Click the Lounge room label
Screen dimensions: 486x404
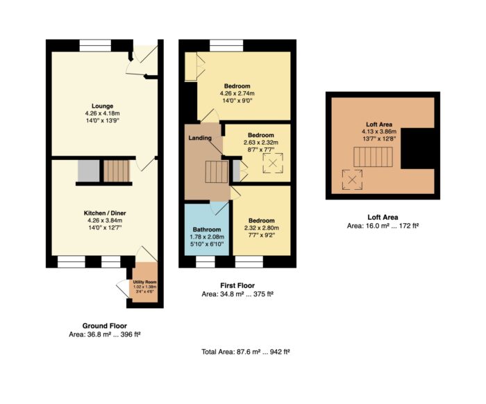tap(102, 106)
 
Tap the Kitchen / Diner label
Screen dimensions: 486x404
tap(105, 213)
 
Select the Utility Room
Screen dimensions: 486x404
tap(144, 282)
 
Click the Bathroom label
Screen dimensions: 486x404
tap(207, 229)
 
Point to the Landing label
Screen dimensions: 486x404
tap(200, 138)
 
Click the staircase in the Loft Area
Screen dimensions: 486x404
tap(374, 157)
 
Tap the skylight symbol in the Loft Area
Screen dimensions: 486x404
tap(352, 180)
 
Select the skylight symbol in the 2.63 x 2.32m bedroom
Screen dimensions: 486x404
tap(273, 163)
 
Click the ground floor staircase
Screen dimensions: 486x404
tap(116, 171)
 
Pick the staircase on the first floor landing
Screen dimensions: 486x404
tap(217, 172)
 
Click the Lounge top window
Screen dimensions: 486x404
tap(95, 45)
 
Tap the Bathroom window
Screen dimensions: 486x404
tap(206, 261)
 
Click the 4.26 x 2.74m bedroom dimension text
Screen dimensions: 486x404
tap(237, 93)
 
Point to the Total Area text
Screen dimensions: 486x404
tap(246, 352)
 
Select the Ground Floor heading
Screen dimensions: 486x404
tap(104, 325)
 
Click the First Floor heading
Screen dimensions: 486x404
tap(237, 285)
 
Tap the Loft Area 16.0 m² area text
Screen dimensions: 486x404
tap(383, 226)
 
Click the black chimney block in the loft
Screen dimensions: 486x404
tap(417, 148)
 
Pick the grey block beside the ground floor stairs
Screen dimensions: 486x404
tap(89, 171)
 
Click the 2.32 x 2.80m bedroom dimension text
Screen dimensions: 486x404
tap(261, 228)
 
